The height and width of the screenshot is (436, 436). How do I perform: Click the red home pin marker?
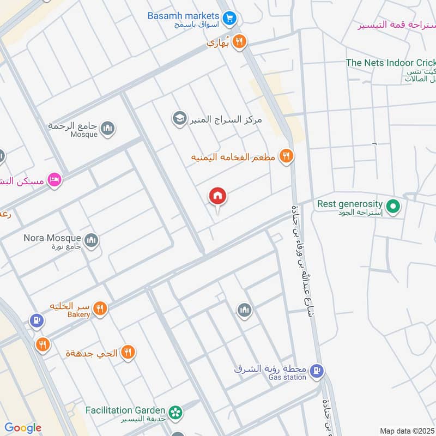[x=218, y=196]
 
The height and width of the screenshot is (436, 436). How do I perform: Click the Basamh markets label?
[x=183, y=15]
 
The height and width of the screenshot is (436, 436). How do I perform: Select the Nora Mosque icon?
[x=91, y=240]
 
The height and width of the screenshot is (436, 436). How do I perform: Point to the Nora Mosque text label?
[x=52, y=238]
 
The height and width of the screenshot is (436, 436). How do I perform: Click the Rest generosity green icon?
[x=393, y=207]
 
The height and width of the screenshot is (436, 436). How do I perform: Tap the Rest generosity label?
[x=350, y=204]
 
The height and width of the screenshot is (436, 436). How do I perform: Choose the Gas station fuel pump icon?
[x=316, y=372]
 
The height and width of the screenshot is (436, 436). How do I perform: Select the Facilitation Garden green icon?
[x=175, y=412]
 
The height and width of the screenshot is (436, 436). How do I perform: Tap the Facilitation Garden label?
[x=125, y=410]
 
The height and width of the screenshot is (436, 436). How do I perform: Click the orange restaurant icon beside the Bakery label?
[x=100, y=309]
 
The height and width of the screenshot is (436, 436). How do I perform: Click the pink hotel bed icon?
[x=54, y=180]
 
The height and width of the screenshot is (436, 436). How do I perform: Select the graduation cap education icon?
[x=179, y=117]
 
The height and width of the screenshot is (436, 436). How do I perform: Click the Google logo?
[x=23, y=428]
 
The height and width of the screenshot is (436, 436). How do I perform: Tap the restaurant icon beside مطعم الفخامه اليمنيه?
[x=286, y=157]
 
